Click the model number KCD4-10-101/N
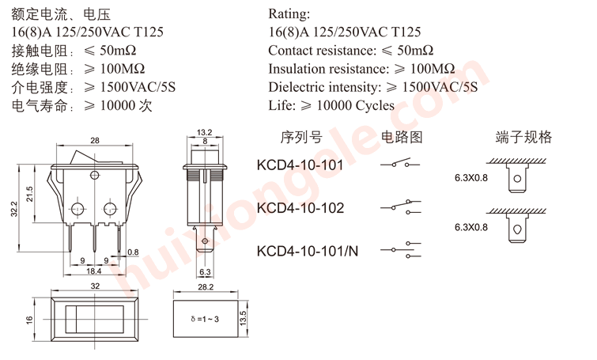[x=308, y=251]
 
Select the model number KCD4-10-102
[x=300, y=208]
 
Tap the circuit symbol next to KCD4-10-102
[x=401, y=207]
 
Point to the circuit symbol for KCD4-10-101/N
[x=401, y=249]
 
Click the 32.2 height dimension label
[x=14, y=209]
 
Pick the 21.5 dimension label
[x=30, y=194]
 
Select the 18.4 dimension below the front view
[x=93, y=271]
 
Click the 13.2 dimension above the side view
[x=205, y=132]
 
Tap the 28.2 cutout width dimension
[x=206, y=287]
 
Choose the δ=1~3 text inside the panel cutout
[x=205, y=319]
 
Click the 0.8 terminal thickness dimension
[x=133, y=252]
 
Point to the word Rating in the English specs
[x=289, y=13]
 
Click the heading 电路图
[x=402, y=137]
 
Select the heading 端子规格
[x=523, y=137]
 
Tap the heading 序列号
[x=301, y=137]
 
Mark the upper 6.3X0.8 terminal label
[x=471, y=178]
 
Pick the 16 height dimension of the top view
[x=29, y=320]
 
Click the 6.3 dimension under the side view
[x=205, y=272]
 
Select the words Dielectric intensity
[x=324, y=87]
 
